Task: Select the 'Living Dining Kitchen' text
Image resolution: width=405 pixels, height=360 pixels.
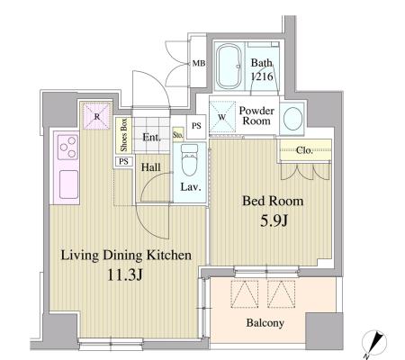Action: click(x=126, y=256)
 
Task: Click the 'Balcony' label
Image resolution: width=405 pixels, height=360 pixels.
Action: click(x=267, y=321)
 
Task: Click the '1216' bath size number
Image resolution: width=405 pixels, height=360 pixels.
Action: click(x=261, y=77)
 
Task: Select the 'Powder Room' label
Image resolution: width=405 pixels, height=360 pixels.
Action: click(x=256, y=116)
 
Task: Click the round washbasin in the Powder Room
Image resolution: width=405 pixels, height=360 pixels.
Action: click(x=292, y=119)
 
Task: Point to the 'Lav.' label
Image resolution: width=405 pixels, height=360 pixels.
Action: click(x=189, y=188)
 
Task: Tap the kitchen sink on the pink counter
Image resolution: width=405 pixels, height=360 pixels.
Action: click(x=67, y=185)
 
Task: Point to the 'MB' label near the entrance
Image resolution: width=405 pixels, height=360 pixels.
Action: click(x=198, y=64)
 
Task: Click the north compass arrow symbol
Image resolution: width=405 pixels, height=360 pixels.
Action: click(x=371, y=341)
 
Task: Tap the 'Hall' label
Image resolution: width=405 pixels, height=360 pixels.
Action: click(x=149, y=167)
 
